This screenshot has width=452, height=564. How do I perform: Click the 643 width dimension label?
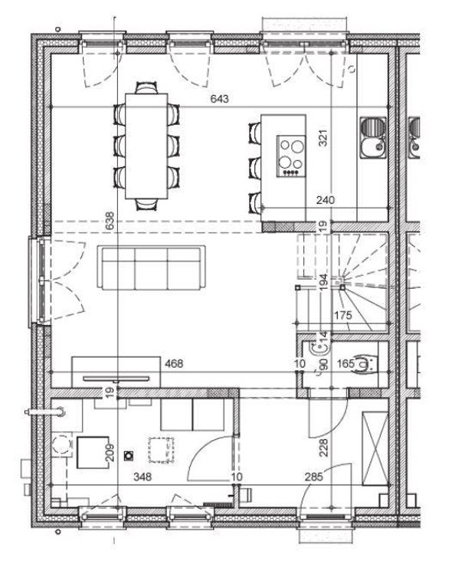tap(219, 99)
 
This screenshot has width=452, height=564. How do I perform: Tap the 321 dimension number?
tap(323, 138)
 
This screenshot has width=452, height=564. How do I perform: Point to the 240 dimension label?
tap(326, 200)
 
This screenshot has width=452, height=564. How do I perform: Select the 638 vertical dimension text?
tap(110, 221)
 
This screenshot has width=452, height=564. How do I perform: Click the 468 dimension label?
tap(174, 364)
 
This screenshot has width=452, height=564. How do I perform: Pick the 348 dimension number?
tap(142, 477)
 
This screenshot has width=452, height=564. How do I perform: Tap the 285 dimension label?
tap(314, 477)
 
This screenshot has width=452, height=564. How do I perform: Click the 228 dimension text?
tap(323, 448)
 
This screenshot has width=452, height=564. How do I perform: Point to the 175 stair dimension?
tap(343, 316)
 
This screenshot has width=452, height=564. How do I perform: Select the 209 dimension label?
tap(110, 453)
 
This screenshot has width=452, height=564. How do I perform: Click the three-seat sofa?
tap(151, 268)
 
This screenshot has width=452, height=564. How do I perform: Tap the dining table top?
tap(147, 146)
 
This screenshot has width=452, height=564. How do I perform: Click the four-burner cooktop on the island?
tap(290, 156)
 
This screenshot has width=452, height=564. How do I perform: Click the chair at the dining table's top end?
tap(146, 88)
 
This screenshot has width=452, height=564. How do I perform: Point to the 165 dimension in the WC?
tap(346, 364)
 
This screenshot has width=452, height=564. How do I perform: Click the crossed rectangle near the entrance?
tap(375, 448)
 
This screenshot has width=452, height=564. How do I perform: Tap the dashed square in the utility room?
tap(161, 450)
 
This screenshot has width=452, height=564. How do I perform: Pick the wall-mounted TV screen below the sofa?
tap(116, 379)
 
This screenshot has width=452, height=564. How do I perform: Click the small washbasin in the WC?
tap(319, 348)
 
